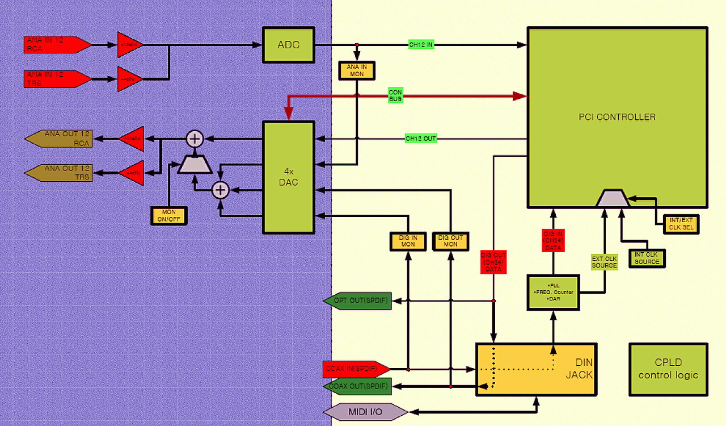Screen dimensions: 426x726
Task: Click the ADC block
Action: point(288,44)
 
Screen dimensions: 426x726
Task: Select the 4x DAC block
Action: point(288,177)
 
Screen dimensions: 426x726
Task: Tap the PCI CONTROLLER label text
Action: point(617,117)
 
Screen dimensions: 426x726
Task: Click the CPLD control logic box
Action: point(668,369)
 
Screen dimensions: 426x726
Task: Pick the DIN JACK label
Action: point(579,368)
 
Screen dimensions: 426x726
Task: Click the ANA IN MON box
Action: point(357,70)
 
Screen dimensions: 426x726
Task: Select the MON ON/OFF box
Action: point(168,215)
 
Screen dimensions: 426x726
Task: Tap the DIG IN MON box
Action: point(407,241)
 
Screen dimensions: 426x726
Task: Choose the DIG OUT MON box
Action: point(450,241)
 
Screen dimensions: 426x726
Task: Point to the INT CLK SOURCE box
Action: point(647,258)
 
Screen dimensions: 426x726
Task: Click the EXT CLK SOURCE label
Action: point(604,262)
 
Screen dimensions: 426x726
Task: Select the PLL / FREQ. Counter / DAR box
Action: point(553,293)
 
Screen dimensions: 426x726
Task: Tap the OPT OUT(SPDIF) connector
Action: point(358,300)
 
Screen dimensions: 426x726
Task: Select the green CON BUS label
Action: point(395,95)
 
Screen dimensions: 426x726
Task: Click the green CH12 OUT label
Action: point(420,138)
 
